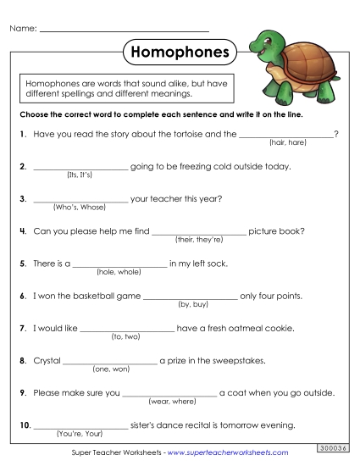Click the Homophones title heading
[180, 53]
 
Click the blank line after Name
[125, 31]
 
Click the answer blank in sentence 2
[80, 166]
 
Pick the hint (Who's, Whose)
[79, 207]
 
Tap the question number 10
[24, 424]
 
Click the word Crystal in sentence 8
[47, 360]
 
